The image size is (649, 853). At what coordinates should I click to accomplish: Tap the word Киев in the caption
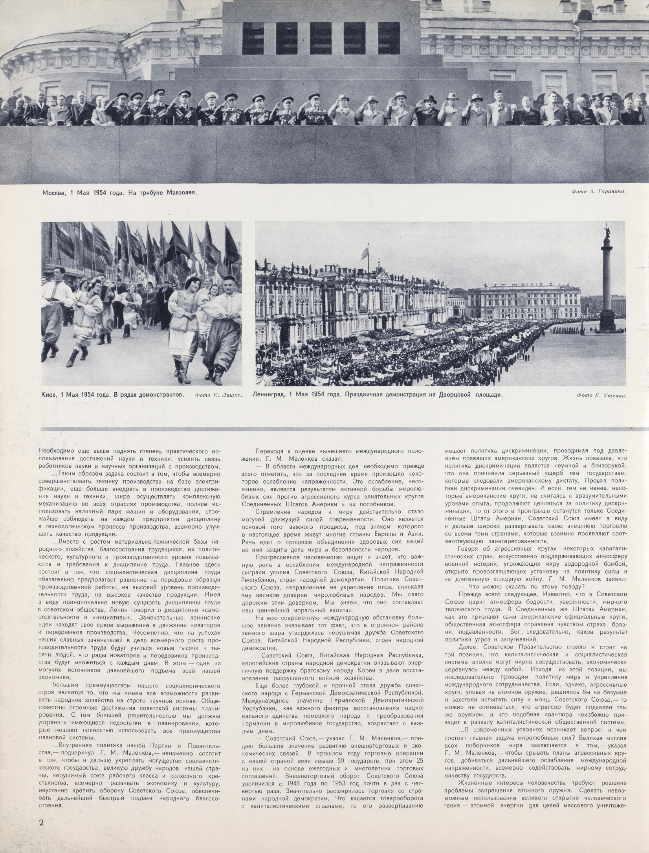coord(49,394)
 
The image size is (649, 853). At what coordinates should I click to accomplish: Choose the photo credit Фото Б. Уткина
coord(601,395)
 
